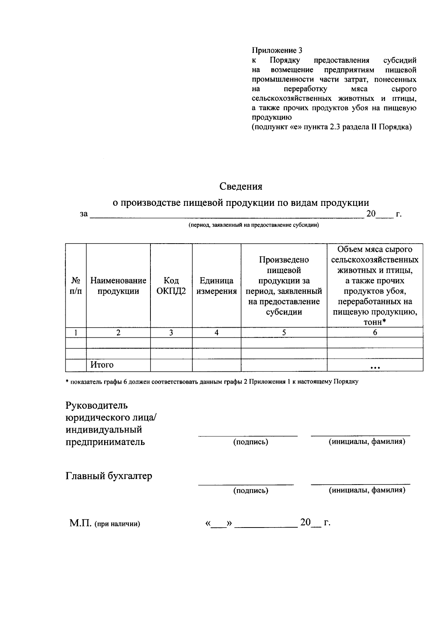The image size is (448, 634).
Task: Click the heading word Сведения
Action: (x=240, y=186)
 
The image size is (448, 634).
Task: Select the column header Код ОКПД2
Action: (x=171, y=286)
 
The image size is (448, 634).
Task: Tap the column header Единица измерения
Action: (x=217, y=286)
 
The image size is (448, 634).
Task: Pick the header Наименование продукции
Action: (x=118, y=286)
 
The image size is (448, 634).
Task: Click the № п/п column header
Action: (x=76, y=286)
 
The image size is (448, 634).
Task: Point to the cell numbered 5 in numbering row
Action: (x=284, y=333)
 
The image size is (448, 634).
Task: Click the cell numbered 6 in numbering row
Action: (x=375, y=333)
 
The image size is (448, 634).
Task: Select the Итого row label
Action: (x=102, y=365)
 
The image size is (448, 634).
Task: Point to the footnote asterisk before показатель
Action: (x=67, y=381)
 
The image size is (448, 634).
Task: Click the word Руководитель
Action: (x=97, y=405)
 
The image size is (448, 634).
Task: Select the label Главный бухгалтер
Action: (x=109, y=476)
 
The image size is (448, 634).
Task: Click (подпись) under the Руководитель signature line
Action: (x=251, y=442)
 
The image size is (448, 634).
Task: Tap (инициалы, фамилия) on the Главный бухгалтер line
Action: (x=367, y=490)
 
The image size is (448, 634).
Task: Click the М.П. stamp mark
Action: (x=80, y=523)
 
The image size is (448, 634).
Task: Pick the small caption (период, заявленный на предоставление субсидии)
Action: (x=253, y=225)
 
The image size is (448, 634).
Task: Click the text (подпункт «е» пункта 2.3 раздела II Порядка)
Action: (x=332, y=127)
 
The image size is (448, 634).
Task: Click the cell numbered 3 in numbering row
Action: (x=171, y=333)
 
